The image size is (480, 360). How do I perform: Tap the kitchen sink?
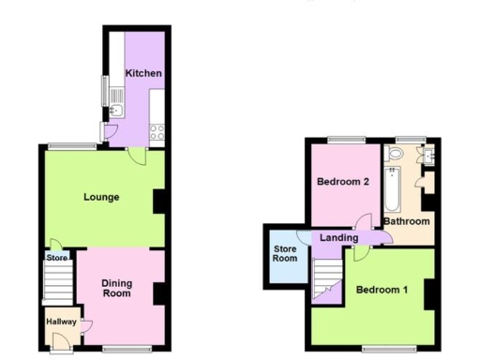click(x=116, y=110)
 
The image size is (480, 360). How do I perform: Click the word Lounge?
click(x=100, y=197)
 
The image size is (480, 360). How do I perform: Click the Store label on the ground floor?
click(x=57, y=257)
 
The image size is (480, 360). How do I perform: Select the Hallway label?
click(x=62, y=322)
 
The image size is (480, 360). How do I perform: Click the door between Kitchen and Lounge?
click(x=137, y=156)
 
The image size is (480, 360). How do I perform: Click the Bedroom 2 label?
click(x=340, y=182)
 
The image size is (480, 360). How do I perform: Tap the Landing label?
click(x=338, y=238)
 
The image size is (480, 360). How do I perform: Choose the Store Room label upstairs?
click(x=285, y=254)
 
